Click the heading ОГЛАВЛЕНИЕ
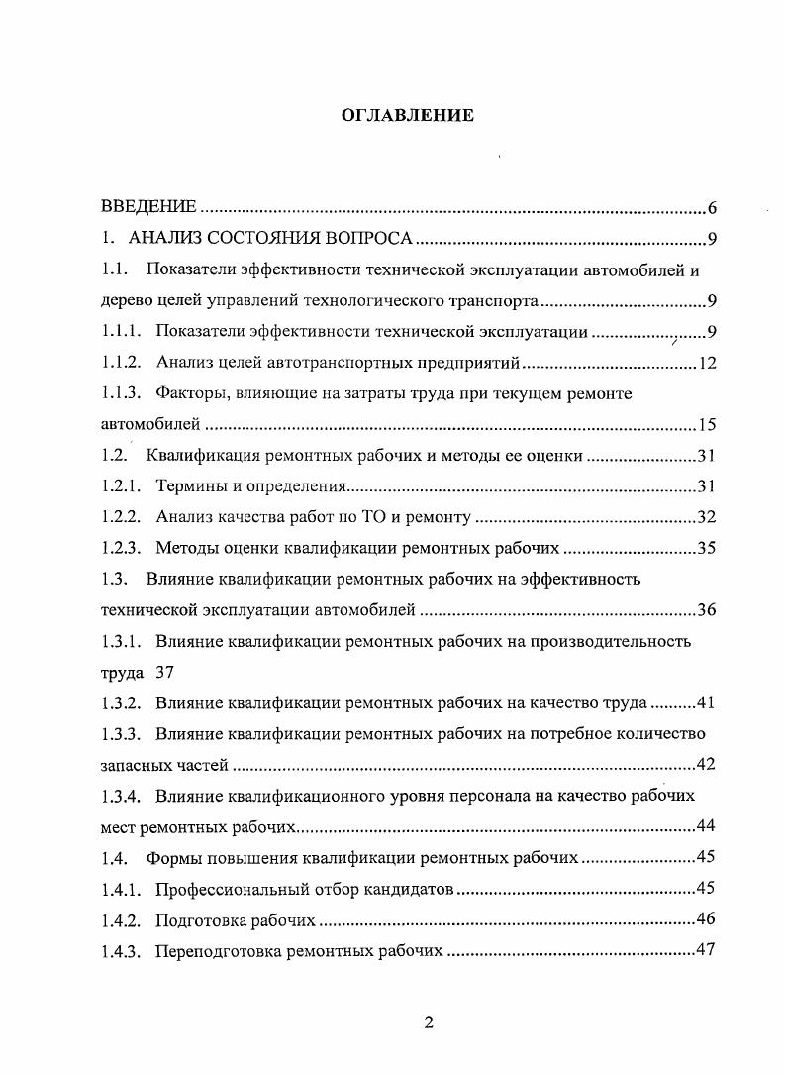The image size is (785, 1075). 408,116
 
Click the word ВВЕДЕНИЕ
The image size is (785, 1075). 149,208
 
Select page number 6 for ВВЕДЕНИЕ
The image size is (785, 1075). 712,208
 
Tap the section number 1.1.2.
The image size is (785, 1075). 123,364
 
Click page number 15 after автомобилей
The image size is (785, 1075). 707,425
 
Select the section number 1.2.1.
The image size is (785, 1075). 123,486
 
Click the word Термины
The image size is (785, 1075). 189,486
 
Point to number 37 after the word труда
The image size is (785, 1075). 165,672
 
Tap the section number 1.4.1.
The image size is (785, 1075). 123,888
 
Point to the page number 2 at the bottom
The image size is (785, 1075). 429,1022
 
